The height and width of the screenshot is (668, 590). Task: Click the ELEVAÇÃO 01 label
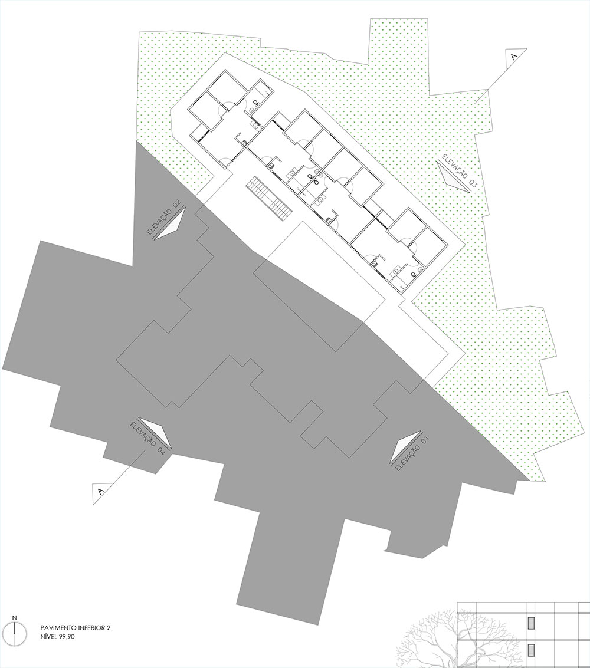[412, 455]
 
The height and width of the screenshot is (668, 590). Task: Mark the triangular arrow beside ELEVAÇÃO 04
[156, 432]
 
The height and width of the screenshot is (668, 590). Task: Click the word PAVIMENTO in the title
[56, 627]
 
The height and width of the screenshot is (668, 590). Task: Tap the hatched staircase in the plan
[268, 198]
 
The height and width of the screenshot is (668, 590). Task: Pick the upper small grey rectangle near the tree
[531, 622]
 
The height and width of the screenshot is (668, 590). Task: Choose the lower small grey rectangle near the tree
[531, 650]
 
